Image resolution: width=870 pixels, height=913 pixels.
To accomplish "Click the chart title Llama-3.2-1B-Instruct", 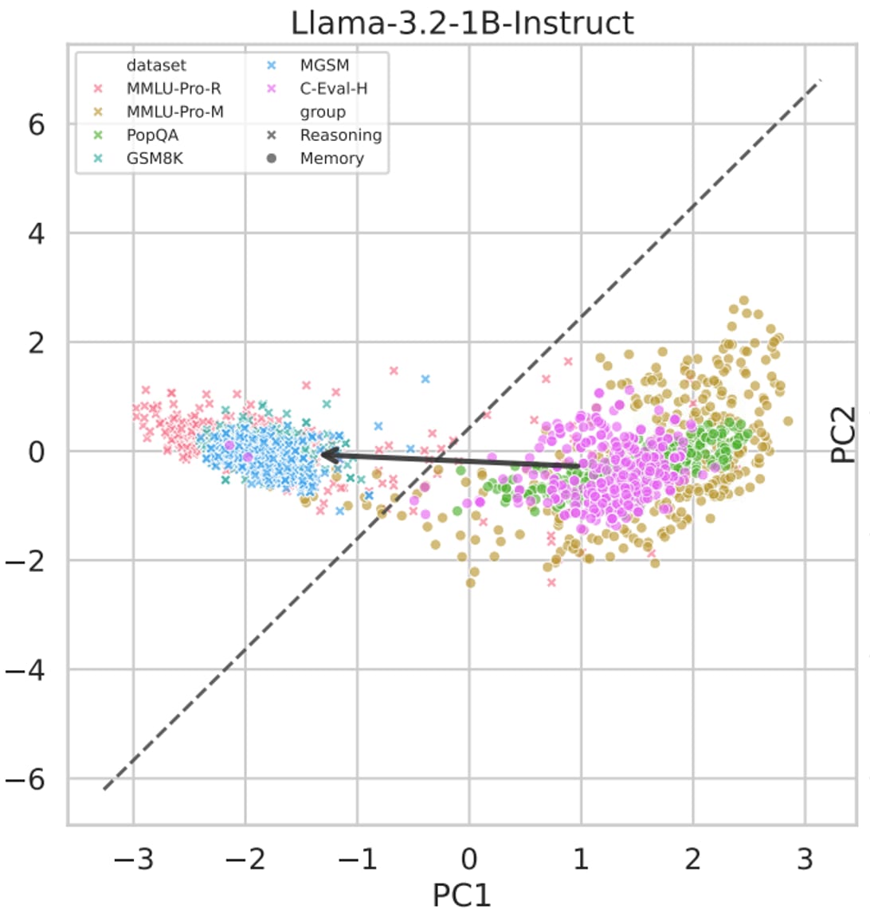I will click(462, 22).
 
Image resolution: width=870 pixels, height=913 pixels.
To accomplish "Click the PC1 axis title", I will click(462, 894).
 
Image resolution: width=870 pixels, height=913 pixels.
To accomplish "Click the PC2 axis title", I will click(844, 435).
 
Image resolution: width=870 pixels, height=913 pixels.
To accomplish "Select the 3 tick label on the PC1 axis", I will click(805, 860).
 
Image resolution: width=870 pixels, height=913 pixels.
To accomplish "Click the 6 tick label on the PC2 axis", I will click(36, 125).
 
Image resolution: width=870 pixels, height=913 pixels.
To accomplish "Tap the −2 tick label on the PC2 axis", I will click(25, 561).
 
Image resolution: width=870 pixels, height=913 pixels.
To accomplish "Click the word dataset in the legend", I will click(156, 65).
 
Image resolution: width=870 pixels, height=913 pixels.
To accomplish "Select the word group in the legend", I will click(323, 112).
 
